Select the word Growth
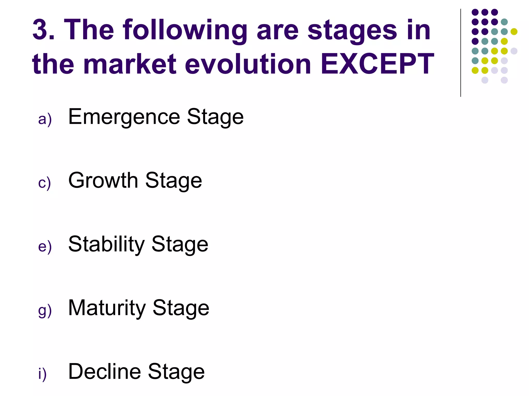coord(103,180)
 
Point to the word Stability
coord(106,244)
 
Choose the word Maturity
coord(107,308)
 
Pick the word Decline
coord(105,372)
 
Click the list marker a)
coord(45,119)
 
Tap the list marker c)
coord(44,183)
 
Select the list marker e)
coord(45,247)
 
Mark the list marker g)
coord(45,311)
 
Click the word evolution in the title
coord(248,64)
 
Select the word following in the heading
coord(185,30)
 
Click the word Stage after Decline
coord(176,372)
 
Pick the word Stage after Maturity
coord(181,308)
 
